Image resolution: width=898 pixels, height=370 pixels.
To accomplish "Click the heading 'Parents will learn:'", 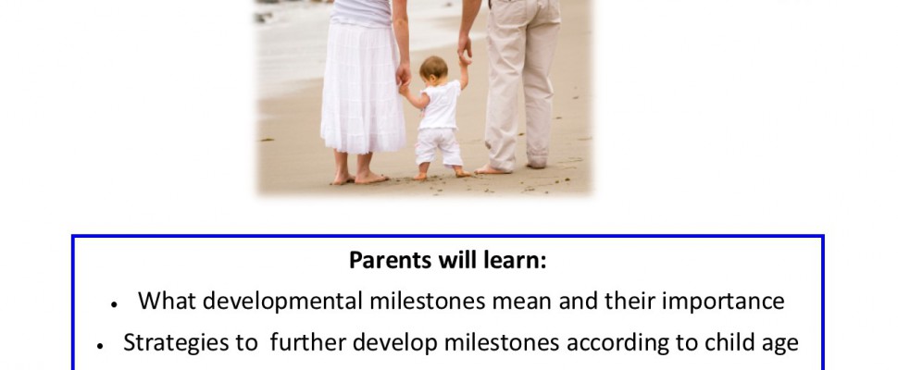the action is click(448, 261).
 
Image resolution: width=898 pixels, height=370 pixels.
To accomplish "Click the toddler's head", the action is click(433, 69).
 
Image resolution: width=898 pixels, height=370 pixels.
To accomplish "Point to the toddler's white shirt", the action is click(440, 105).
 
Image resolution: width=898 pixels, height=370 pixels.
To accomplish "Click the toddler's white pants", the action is click(439, 146).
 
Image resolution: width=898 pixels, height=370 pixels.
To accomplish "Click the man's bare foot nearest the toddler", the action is click(492, 169).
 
